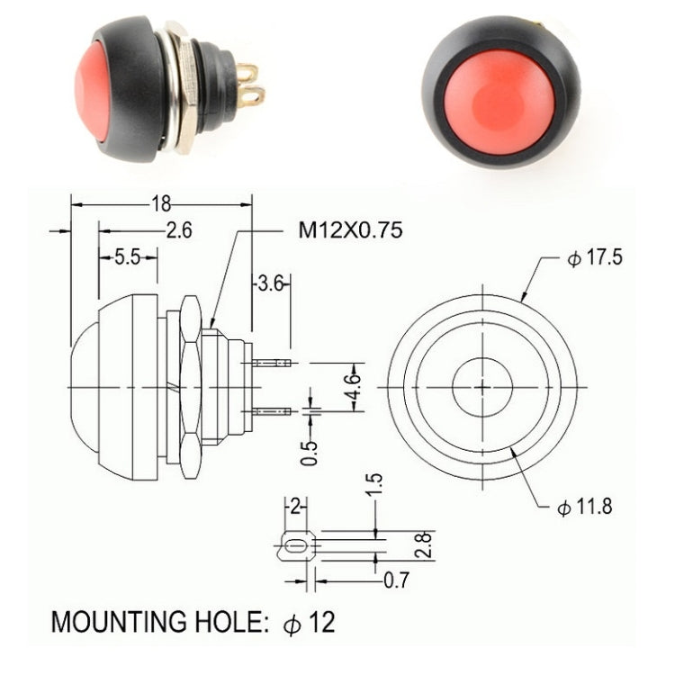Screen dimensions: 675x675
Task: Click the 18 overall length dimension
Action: [x=162, y=202]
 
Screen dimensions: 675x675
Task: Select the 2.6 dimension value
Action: [x=179, y=230]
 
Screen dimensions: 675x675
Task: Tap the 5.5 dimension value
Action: [x=127, y=257]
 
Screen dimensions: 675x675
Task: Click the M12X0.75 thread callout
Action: [x=350, y=230]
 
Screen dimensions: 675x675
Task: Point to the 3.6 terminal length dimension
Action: [x=271, y=284]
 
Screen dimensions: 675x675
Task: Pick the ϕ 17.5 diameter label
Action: [x=595, y=259]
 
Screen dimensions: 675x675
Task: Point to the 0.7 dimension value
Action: [x=397, y=580]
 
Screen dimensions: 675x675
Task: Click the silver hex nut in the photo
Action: [x=184, y=90]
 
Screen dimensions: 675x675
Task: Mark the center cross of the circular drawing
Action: [x=482, y=387]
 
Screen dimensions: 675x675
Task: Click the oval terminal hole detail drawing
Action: [x=294, y=544]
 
